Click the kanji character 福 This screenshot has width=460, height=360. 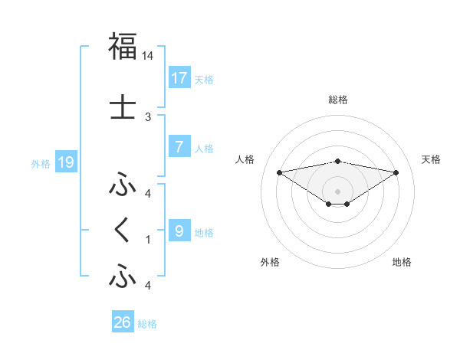coord(123,47)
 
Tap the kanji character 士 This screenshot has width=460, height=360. coord(123,108)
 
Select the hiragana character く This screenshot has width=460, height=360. coord(123,231)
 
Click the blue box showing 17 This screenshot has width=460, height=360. coord(179,77)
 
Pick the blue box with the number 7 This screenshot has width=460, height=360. coord(179,146)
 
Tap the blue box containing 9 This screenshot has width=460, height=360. coord(179,231)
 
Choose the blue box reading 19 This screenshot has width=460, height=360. coord(65,162)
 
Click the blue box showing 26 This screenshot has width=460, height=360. coord(123,322)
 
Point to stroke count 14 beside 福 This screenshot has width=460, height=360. coord(148,56)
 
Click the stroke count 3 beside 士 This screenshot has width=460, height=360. coord(148,117)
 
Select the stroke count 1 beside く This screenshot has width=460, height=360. coord(148,240)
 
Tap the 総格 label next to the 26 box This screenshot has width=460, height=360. coord(147,324)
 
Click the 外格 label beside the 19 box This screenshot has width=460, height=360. coord(41,163)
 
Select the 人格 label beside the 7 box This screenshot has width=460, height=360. coord(204,148)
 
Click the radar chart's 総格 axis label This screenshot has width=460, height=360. coord(337,100)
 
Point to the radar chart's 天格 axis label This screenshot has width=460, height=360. coord(431,159)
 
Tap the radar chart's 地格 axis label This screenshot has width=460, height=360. coord(402,262)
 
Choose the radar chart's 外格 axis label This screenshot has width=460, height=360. coord(270,262)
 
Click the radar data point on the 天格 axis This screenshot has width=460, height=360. coord(396,172)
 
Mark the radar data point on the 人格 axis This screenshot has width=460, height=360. coord(279,172)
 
